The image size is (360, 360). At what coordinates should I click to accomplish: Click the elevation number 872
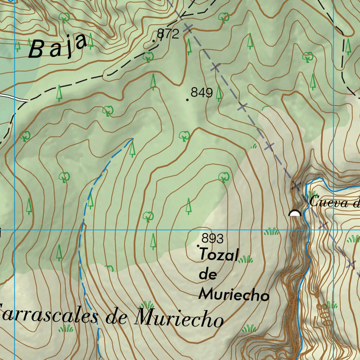(168, 34)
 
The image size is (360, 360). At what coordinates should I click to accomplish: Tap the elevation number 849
(201, 93)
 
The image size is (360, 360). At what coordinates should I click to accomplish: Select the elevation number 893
(212, 239)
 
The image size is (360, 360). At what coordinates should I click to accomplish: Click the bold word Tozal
(219, 255)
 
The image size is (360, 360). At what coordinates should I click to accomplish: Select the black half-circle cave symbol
(295, 213)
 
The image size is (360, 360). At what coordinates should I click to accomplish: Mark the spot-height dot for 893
(198, 245)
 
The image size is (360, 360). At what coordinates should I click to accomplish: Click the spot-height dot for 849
(187, 100)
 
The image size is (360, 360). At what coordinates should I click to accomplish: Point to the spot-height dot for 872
(154, 41)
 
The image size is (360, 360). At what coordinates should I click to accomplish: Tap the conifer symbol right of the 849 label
(219, 93)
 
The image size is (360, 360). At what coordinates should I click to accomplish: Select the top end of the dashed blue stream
(132, 139)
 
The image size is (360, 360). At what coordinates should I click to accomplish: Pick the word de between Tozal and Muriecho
(208, 275)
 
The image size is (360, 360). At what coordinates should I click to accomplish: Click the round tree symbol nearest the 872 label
(148, 56)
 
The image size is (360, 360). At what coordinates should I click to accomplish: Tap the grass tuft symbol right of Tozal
(245, 259)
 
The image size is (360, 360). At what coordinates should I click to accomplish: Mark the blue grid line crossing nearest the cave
(333, 230)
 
